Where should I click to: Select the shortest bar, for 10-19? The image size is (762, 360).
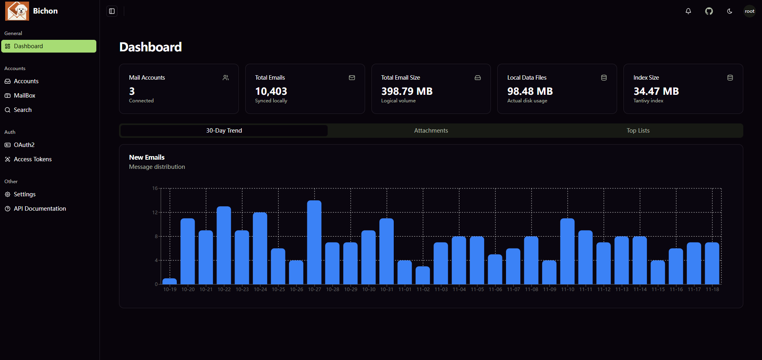pyautogui.click(x=170, y=281)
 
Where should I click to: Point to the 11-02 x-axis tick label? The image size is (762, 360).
pyautogui.click(x=423, y=290)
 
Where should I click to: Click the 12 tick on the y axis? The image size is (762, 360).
pyautogui.click(x=155, y=212)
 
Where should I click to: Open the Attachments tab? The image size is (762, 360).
pyautogui.click(x=431, y=131)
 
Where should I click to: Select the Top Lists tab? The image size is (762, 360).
pyautogui.click(x=638, y=131)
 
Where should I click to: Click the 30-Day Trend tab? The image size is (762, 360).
pyautogui.click(x=224, y=131)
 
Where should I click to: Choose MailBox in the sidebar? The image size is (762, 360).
pyautogui.click(x=25, y=96)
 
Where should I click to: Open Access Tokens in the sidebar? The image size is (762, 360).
pyautogui.click(x=33, y=159)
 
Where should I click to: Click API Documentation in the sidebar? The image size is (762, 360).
pyautogui.click(x=40, y=209)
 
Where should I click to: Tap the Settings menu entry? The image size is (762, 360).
pyautogui.click(x=25, y=194)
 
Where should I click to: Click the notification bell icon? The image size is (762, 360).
pyautogui.click(x=688, y=11)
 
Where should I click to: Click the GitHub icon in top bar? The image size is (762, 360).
pyautogui.click(x=709, y=11)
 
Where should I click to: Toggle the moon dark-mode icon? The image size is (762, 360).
pyautogui.click(x=729, y=11)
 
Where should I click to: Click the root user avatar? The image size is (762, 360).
pyautogui.click(x=749, y=11)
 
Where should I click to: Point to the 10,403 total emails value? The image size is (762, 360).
pyautogui.click(x=271, y=91)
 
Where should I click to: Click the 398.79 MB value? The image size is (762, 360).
pyautogui.click(x=406, y=91)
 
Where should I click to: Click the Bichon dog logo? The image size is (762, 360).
pyautogui.click(x=17, y=11)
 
